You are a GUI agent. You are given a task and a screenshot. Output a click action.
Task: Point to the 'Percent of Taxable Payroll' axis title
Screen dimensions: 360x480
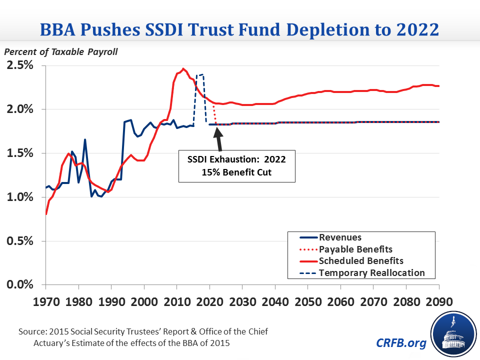tap(61, 52)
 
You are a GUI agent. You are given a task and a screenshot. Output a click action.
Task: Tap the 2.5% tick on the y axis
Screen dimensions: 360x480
tap(19, 65)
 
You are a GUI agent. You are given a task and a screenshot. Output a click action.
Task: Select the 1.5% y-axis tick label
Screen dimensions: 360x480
tap(19, 153)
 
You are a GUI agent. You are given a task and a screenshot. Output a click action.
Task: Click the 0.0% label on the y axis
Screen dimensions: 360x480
tap(19, 285)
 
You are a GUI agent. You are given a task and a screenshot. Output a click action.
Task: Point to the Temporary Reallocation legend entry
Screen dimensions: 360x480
tap(371, 272)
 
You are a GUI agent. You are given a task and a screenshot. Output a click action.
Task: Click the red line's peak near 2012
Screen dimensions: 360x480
tap(183, 68)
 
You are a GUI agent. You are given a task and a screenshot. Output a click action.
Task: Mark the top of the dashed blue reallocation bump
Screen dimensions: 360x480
tap(200, 75)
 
